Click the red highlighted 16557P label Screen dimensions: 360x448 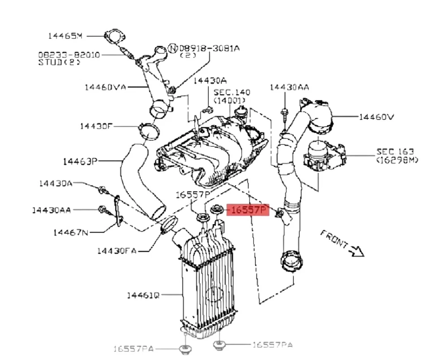[x=248, y=209]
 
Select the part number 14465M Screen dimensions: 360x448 [x=66, y=35]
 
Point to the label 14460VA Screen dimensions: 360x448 [x=105, y=87]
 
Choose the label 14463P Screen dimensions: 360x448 [x=80, y=160]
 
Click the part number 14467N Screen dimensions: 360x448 [x=70, y=232]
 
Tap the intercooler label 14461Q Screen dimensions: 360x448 [x=143, y=295]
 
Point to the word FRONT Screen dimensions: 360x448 [x=334, y=240]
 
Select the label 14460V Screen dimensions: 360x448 [x=376, y=117]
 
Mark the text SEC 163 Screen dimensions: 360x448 [x=395, y=152]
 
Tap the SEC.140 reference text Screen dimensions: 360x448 [x=232, y=92]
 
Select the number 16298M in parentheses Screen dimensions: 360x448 [x=397, y=160]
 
